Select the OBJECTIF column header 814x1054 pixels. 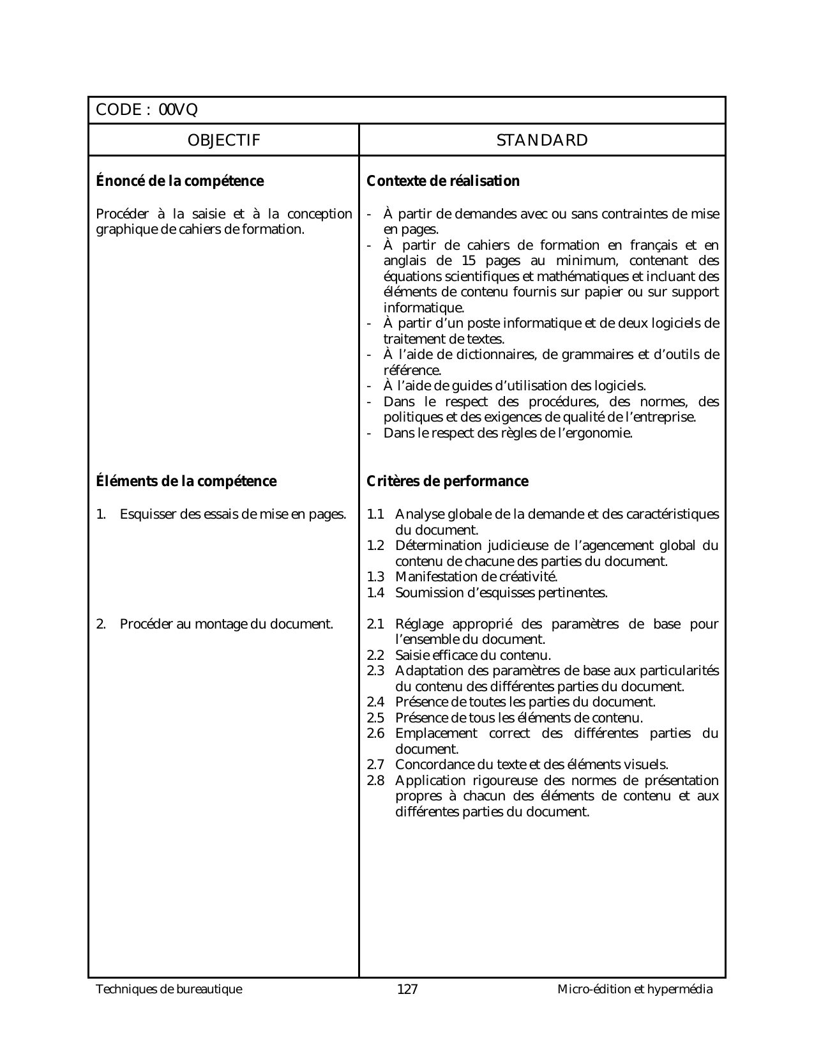(224, 141)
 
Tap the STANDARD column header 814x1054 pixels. (542, 141)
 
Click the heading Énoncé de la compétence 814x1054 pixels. (179, 181)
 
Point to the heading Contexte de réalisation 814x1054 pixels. (443, 181)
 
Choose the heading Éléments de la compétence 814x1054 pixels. (186, 481)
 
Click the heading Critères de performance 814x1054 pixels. (448, 481)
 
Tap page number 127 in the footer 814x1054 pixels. (407, 989)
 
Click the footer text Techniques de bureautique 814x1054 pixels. (169, 989)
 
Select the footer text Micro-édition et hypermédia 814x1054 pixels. (635, 989)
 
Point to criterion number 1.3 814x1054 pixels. (375, 577)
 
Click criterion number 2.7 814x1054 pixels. (375, 765)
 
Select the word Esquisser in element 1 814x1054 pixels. (148, 514)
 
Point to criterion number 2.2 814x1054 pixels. (375, 655)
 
